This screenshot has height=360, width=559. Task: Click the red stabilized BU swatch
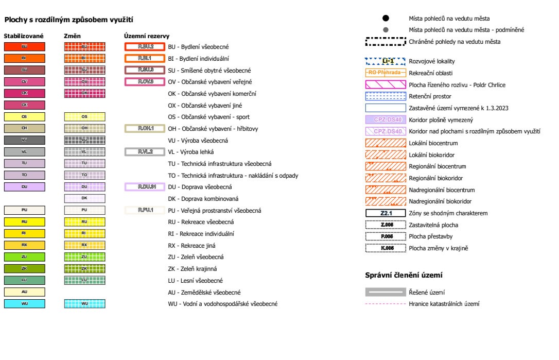(x=24, y=46)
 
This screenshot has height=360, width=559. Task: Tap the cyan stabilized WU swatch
(x=24, y=303)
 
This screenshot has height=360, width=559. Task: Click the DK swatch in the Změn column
(x=84, y=198)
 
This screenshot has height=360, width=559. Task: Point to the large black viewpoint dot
(x=385, y=19)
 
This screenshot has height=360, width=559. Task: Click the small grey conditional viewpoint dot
(x=385, y=30)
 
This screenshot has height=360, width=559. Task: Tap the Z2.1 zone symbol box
(x=386, y=213)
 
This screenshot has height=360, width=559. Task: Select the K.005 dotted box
(x=386, y=248)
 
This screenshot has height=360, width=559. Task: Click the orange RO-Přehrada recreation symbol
(x=386, y=73)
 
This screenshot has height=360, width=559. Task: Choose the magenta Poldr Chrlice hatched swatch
(x=386, y=84)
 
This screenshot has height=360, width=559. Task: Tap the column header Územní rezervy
(x=147, y=36)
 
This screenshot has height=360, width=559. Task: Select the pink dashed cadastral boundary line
(x=386, y=304)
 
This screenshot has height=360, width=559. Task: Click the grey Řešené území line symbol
(x=386, y=292)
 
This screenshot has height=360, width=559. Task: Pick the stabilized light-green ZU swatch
(x=24, y=256)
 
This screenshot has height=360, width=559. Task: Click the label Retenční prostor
(x=430, y=96)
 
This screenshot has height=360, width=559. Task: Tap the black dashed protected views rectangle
(x=386, y=41)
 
